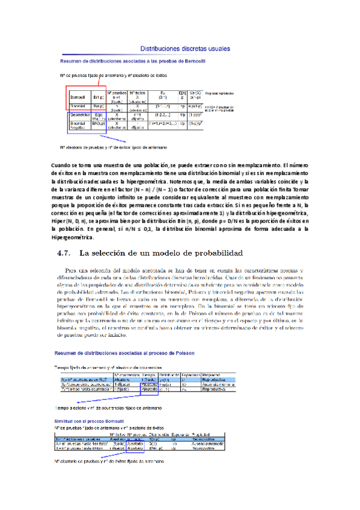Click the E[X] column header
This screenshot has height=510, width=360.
(183, 93)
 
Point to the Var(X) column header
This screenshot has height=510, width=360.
(195, 93)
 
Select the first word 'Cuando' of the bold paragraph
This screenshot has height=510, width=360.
(63, 164)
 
